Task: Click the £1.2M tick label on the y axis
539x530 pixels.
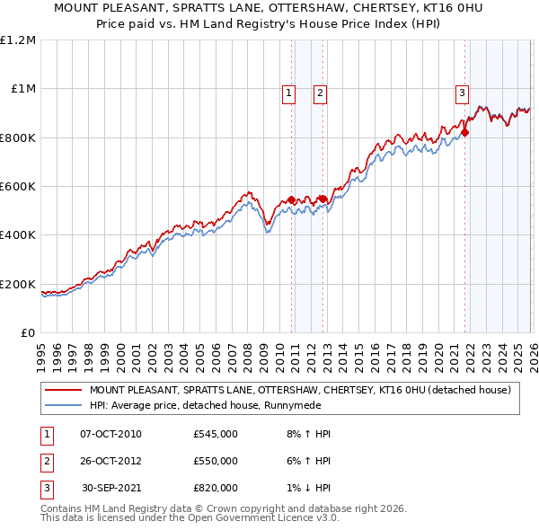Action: (x=19, y=40)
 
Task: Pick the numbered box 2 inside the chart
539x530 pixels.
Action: (x=320, y=92)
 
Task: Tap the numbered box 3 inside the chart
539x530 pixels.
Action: (x=462, y=92)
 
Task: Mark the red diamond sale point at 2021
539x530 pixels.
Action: (x=465, y=133)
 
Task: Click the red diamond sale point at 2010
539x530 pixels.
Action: (x=291, y=200)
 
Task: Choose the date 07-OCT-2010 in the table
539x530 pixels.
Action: (x=110, y=434)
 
